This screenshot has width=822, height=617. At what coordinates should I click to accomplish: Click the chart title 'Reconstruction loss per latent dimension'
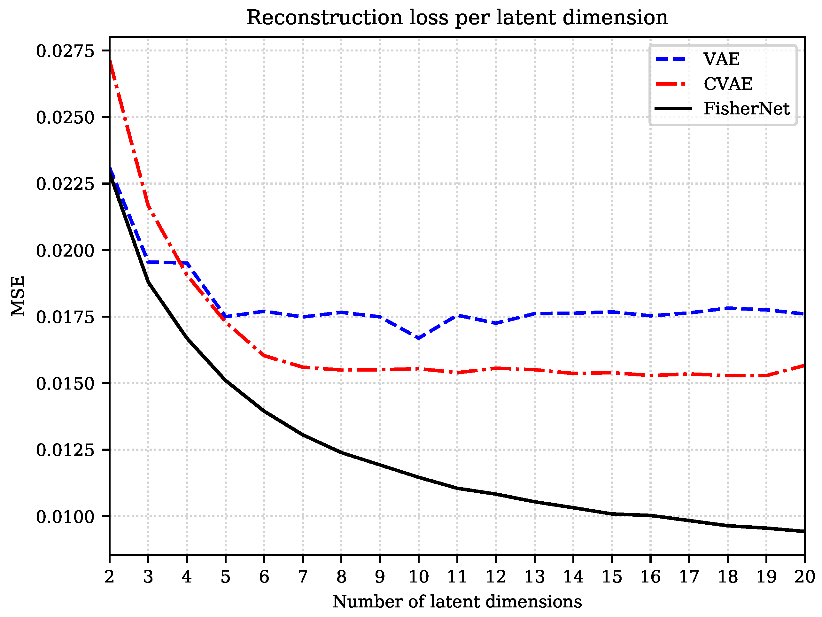[x=457, y=18]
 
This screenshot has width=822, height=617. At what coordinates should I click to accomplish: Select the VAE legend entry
[x=721, y=59]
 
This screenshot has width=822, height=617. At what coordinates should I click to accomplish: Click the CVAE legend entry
[x=728, y=84]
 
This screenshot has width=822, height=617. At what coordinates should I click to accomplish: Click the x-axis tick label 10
[x=418, y=577]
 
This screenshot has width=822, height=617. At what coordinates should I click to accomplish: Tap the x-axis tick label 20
[x=804, y=577]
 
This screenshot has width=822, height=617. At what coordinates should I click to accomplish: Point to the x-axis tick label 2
[x=109, y=577]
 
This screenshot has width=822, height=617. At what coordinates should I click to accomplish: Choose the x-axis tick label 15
[x=612, y=577]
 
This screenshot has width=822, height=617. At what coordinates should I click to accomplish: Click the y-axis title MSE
[x=18, y=295]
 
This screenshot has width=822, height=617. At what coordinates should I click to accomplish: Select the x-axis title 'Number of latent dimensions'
[x=457, y=602]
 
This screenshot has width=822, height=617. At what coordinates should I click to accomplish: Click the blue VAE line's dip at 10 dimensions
[x=418, y=338]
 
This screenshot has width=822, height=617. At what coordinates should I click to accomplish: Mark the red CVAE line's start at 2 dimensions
[x=110, y=62]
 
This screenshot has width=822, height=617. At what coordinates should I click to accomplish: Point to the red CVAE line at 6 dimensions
[x=264, y=356]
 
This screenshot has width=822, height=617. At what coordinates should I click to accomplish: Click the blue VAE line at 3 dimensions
[x=148, y=262]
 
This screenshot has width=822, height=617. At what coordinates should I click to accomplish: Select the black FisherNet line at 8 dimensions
[x=342, y=452]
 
